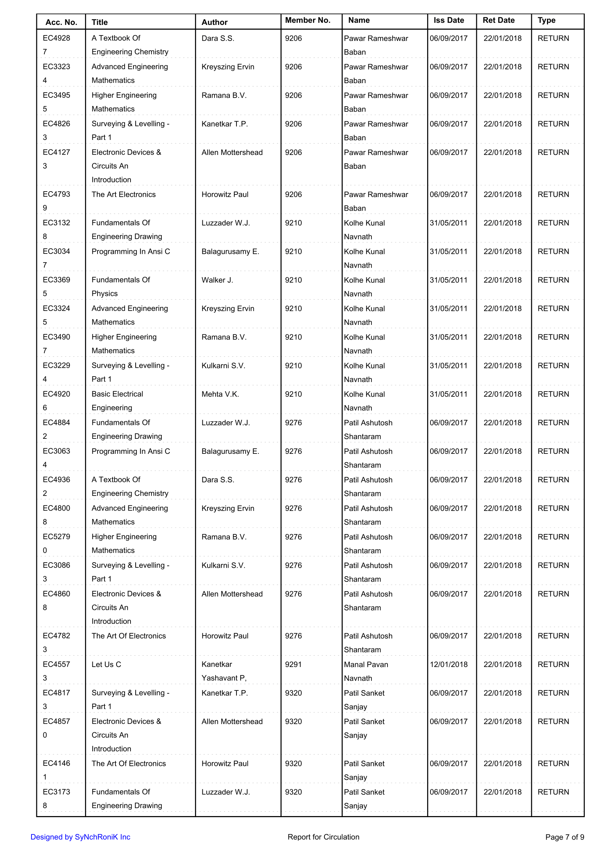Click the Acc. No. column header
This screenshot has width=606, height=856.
[x=61, y=22]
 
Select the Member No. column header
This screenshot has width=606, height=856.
[x=308, y=20]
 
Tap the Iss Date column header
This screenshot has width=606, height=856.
[x=448, y=20]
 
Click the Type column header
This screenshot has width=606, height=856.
[x=546, y=20]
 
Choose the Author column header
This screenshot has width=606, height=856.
[x=214, y=22]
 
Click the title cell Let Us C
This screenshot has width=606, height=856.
[x=106, y=664]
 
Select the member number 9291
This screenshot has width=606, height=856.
[x=293, y=664]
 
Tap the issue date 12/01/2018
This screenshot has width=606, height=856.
[x=448, y=664]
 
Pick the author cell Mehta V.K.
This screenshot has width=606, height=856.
[x=220, y=394]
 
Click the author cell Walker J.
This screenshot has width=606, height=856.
[x=217, y=280]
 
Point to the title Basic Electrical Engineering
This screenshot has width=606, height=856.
[x=117, y=401]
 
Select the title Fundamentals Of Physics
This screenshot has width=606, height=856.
[x=121, y=287]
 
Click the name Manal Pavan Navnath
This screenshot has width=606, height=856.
[x=366, y=671]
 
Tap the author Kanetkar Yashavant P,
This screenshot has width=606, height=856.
[x=224, y=671]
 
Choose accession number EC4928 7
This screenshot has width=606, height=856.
[x=56, y=45]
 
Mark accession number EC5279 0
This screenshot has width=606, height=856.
[x=56, y=543]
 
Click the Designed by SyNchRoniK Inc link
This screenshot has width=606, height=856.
[x=80, y=837]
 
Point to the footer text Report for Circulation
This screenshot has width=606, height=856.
[x=323, y=837]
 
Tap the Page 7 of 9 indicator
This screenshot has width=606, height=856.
[x=565, y=837]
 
